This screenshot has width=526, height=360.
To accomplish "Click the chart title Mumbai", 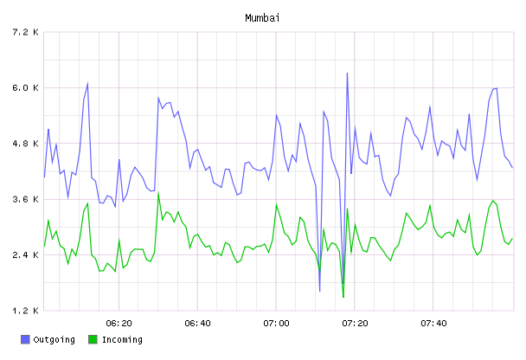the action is [x=262, y=18].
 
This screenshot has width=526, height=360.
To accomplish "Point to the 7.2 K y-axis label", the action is [x=25, y=32].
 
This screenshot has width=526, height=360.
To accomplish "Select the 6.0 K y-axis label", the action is [x=25, y=88].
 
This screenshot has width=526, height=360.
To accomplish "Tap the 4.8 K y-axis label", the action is [x=25, y=144].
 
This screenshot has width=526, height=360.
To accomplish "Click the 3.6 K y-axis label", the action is [x=25, y=199].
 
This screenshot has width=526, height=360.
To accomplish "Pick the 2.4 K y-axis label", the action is [x=25, y=255].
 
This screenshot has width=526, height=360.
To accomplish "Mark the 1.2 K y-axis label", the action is [x=25, y=311].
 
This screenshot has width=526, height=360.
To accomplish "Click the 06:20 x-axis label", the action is [x=119, y=324].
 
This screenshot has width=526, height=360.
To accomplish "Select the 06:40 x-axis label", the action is [x=197, y=324].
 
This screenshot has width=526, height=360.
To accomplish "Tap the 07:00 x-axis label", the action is [x=276, y=324].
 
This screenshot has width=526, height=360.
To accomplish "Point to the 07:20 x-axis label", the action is [x=355, y=324].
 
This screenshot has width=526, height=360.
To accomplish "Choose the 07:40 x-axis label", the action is [x=433, y=324].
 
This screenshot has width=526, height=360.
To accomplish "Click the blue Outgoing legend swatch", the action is [x=25, y=339].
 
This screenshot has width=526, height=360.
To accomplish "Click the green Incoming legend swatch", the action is [x=93, y=339].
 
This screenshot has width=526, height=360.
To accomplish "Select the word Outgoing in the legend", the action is [x=54, y=340].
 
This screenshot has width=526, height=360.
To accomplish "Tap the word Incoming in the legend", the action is [x=122, y=340].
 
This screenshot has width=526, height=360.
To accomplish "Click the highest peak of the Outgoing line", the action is [x=347, y=73].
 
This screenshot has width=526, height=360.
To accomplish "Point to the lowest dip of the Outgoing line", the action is [x=320, y=291].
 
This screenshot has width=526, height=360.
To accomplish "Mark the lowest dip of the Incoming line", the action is [x=343, y=297].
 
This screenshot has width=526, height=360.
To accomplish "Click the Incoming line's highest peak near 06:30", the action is [x=158, y=194].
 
